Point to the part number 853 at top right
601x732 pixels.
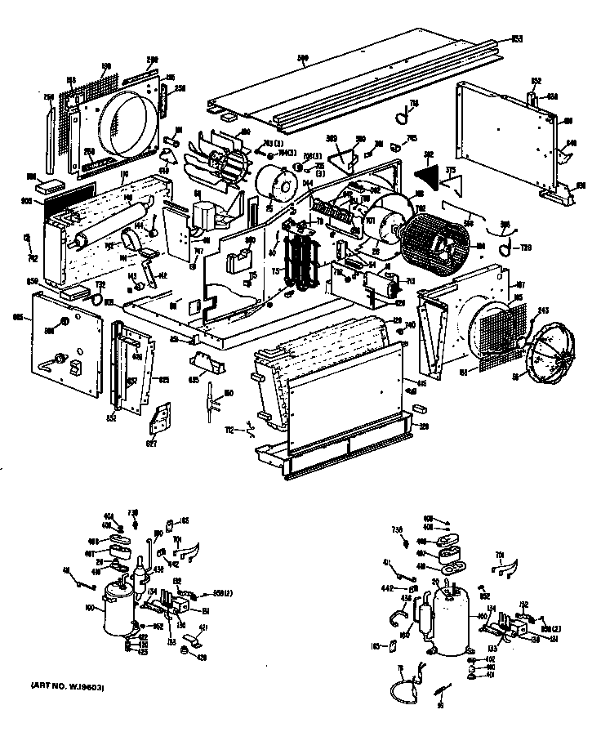click(517, 40)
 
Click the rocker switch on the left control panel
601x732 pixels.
click(74, 368)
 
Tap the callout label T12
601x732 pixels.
click(252, 427)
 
